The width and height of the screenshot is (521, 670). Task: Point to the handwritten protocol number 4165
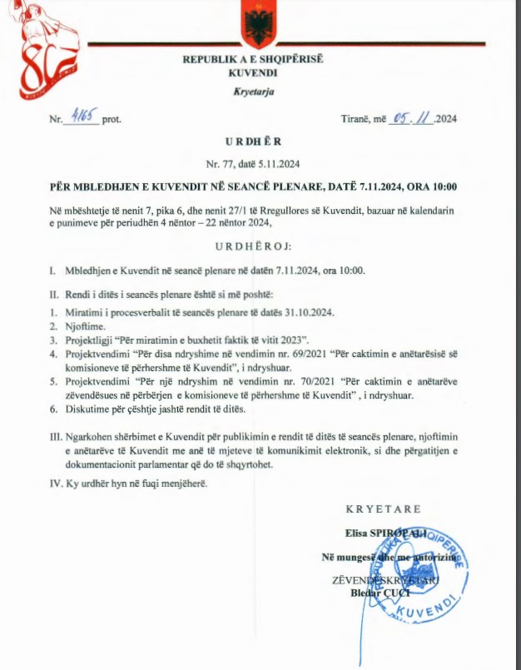82,117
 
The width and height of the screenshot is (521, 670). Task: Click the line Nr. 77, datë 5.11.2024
258,164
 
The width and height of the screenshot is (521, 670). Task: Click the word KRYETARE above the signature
384,509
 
